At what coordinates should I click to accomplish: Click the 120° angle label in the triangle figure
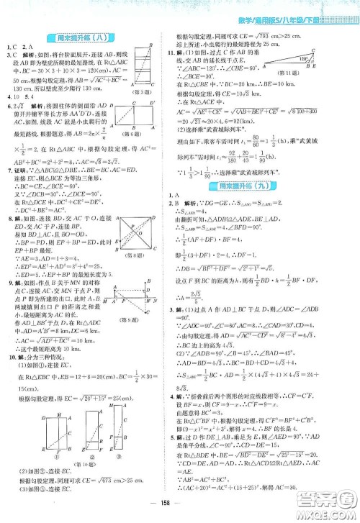point(326,58)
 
